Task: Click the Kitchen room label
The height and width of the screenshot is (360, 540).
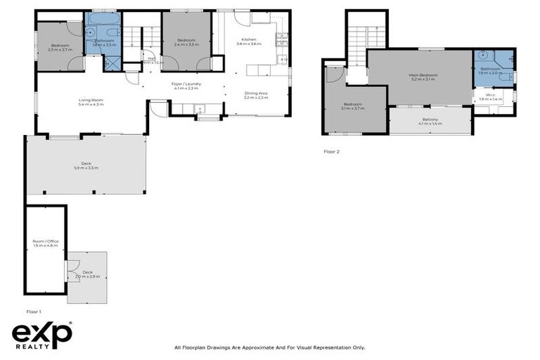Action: (249, 41)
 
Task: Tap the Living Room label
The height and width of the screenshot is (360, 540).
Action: (91, 102)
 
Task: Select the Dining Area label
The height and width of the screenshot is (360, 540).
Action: (255, 95)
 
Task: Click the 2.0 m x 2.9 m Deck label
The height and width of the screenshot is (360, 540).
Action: (87, 274)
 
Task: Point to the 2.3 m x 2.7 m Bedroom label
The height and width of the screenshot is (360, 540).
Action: (60, 46)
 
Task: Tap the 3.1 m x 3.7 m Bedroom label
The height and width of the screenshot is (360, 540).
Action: (352, 106)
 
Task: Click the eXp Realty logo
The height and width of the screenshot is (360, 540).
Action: (42, 336)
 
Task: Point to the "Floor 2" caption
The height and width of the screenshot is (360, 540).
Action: (331, 151)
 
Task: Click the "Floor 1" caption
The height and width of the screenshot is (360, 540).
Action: (34, 311)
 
